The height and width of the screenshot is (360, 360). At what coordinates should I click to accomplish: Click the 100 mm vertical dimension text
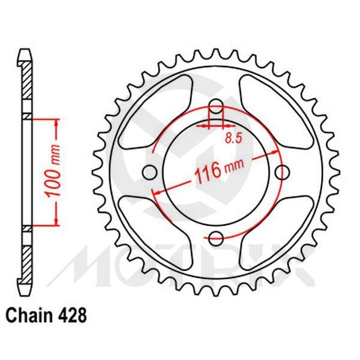click(x=52, y=172)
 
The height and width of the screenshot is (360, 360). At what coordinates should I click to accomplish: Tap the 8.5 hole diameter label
click(x=235, y=139)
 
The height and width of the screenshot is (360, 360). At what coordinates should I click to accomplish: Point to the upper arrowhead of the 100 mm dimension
click(x=57, y=122)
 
